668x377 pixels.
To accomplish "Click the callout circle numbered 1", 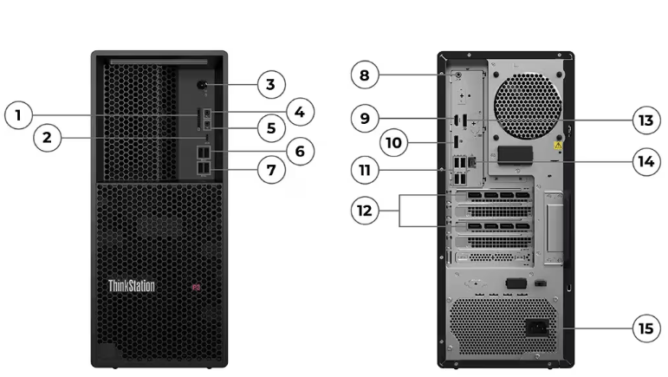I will pyautogui.click(x=20, y=114).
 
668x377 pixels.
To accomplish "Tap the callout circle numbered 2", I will pyautogui.click(x=47, y=138).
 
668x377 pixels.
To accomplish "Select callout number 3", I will pyautogui.click(x=271, y=84).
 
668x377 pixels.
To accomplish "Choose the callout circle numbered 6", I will pyautogui.click(x=299, y=152).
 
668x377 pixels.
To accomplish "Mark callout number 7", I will pyautogui.click(x=271, y=170).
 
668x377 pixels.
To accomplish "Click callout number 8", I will pyautogui.click(x=365, y=75).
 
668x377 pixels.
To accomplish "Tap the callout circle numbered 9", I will pyautogui.click(x=365, y=117).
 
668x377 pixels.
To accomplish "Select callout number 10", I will pyautogui.click(x=394, y=141).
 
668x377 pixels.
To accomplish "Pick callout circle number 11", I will pyautogui.click(x=365, y=169).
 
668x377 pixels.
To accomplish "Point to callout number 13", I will pyautogui.click(x=645, y=120).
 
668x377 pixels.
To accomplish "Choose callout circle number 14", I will pyautogui.click(x=645, y=161).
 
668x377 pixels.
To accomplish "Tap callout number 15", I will pyautogui.click(x=645, y=328).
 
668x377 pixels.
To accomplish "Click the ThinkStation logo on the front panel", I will pyautogui.click(x=132, y=285).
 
